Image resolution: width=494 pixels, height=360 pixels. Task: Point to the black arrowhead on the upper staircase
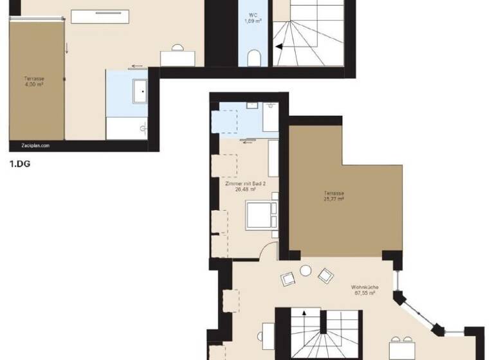click(x=279, y=46)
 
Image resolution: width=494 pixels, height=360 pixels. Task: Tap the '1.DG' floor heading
click(x=20, y=164)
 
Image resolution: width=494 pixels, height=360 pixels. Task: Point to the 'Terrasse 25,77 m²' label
click(x=334, y=196)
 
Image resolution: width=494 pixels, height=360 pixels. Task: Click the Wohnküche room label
click(x=364, y=289)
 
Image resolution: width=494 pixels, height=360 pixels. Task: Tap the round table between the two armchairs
click(x=306, y=271)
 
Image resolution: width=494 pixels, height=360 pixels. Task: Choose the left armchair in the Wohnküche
click(x=288, y=279)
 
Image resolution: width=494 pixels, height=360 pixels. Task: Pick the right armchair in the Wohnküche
click(x=325, y=276)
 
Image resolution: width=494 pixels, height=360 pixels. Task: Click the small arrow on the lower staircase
click(x=304, y=314)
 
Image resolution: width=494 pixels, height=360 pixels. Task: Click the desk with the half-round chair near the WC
click(x=178, y=57)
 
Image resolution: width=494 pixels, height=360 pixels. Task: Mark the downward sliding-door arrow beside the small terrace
click(x=67, y=48)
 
